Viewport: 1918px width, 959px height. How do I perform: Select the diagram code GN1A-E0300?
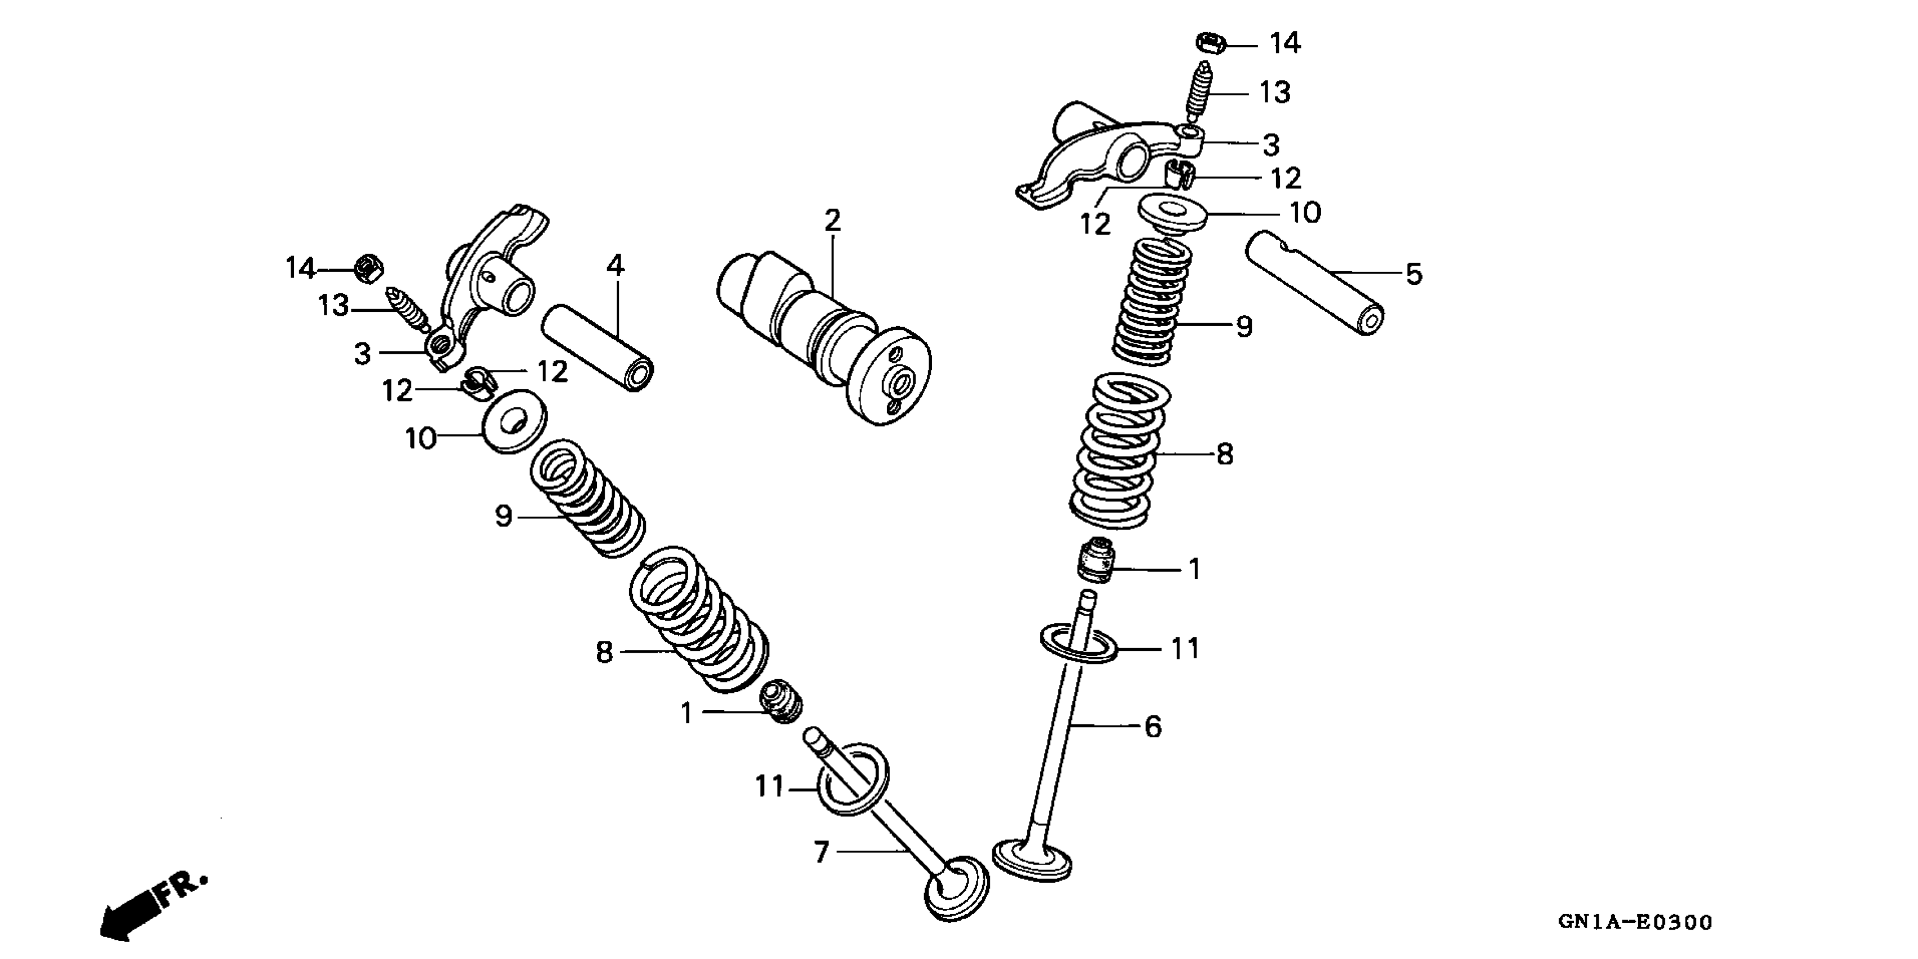pos(1634,922)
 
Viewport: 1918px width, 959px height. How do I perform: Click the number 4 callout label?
pos(614,265)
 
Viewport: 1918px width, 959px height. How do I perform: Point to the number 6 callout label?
pos(1152,726)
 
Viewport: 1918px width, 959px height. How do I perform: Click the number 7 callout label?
pos(821,852)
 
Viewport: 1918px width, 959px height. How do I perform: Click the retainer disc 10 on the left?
pos(514,421)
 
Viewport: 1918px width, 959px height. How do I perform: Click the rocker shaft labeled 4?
pos(598,347)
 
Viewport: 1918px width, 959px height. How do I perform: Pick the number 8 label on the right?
pos(1225,454)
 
